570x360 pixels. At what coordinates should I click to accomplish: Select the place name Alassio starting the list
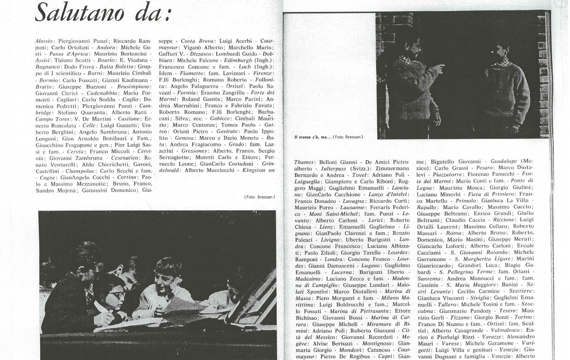click(44, 41)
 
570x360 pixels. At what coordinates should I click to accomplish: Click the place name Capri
click(386, 357)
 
